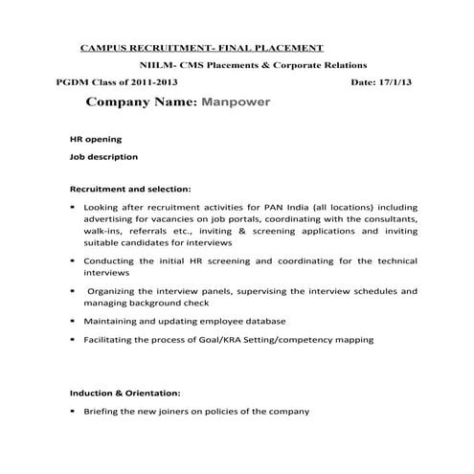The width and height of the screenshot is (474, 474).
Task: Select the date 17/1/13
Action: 399,82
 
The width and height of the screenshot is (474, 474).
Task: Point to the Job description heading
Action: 98,156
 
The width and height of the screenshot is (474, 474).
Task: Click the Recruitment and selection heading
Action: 130,188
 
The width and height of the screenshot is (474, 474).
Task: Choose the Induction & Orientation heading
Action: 124,393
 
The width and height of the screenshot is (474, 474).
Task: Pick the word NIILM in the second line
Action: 155,64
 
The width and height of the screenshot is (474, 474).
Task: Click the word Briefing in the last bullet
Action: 103,411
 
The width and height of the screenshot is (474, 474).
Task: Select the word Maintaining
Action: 113,321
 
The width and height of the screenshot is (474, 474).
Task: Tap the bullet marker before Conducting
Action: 74,260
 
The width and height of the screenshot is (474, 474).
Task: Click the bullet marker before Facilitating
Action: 74,339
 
